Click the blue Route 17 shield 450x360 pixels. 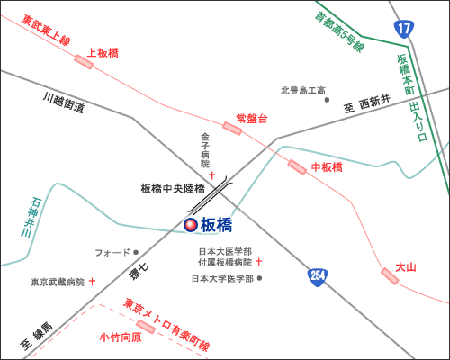pos(404,29)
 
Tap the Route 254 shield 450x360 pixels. pos(318,277)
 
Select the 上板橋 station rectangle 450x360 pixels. pos(84,62)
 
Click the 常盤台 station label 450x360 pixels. pos(252,119)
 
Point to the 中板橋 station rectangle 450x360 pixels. pos(297,167)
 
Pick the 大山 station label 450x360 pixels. pos(406,267)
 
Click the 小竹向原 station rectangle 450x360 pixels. pos(146,327)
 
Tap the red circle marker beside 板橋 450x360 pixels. pos(191,225)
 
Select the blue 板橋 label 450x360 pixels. pos(216,225)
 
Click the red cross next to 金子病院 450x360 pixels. pos(212,175)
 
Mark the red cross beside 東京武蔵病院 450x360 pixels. pos(93,282)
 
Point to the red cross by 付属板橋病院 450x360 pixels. pos(258,262)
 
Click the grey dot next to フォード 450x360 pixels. pos(136,252)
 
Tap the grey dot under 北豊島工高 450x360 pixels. pos(327,100)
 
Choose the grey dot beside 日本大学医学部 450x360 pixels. pos(260,278)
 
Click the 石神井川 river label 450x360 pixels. pos(31,217)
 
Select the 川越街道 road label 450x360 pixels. pos(64,103)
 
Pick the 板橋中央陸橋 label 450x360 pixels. pos(173,189)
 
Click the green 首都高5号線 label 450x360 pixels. pos(339,32)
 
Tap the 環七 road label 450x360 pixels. pos(139,272)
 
